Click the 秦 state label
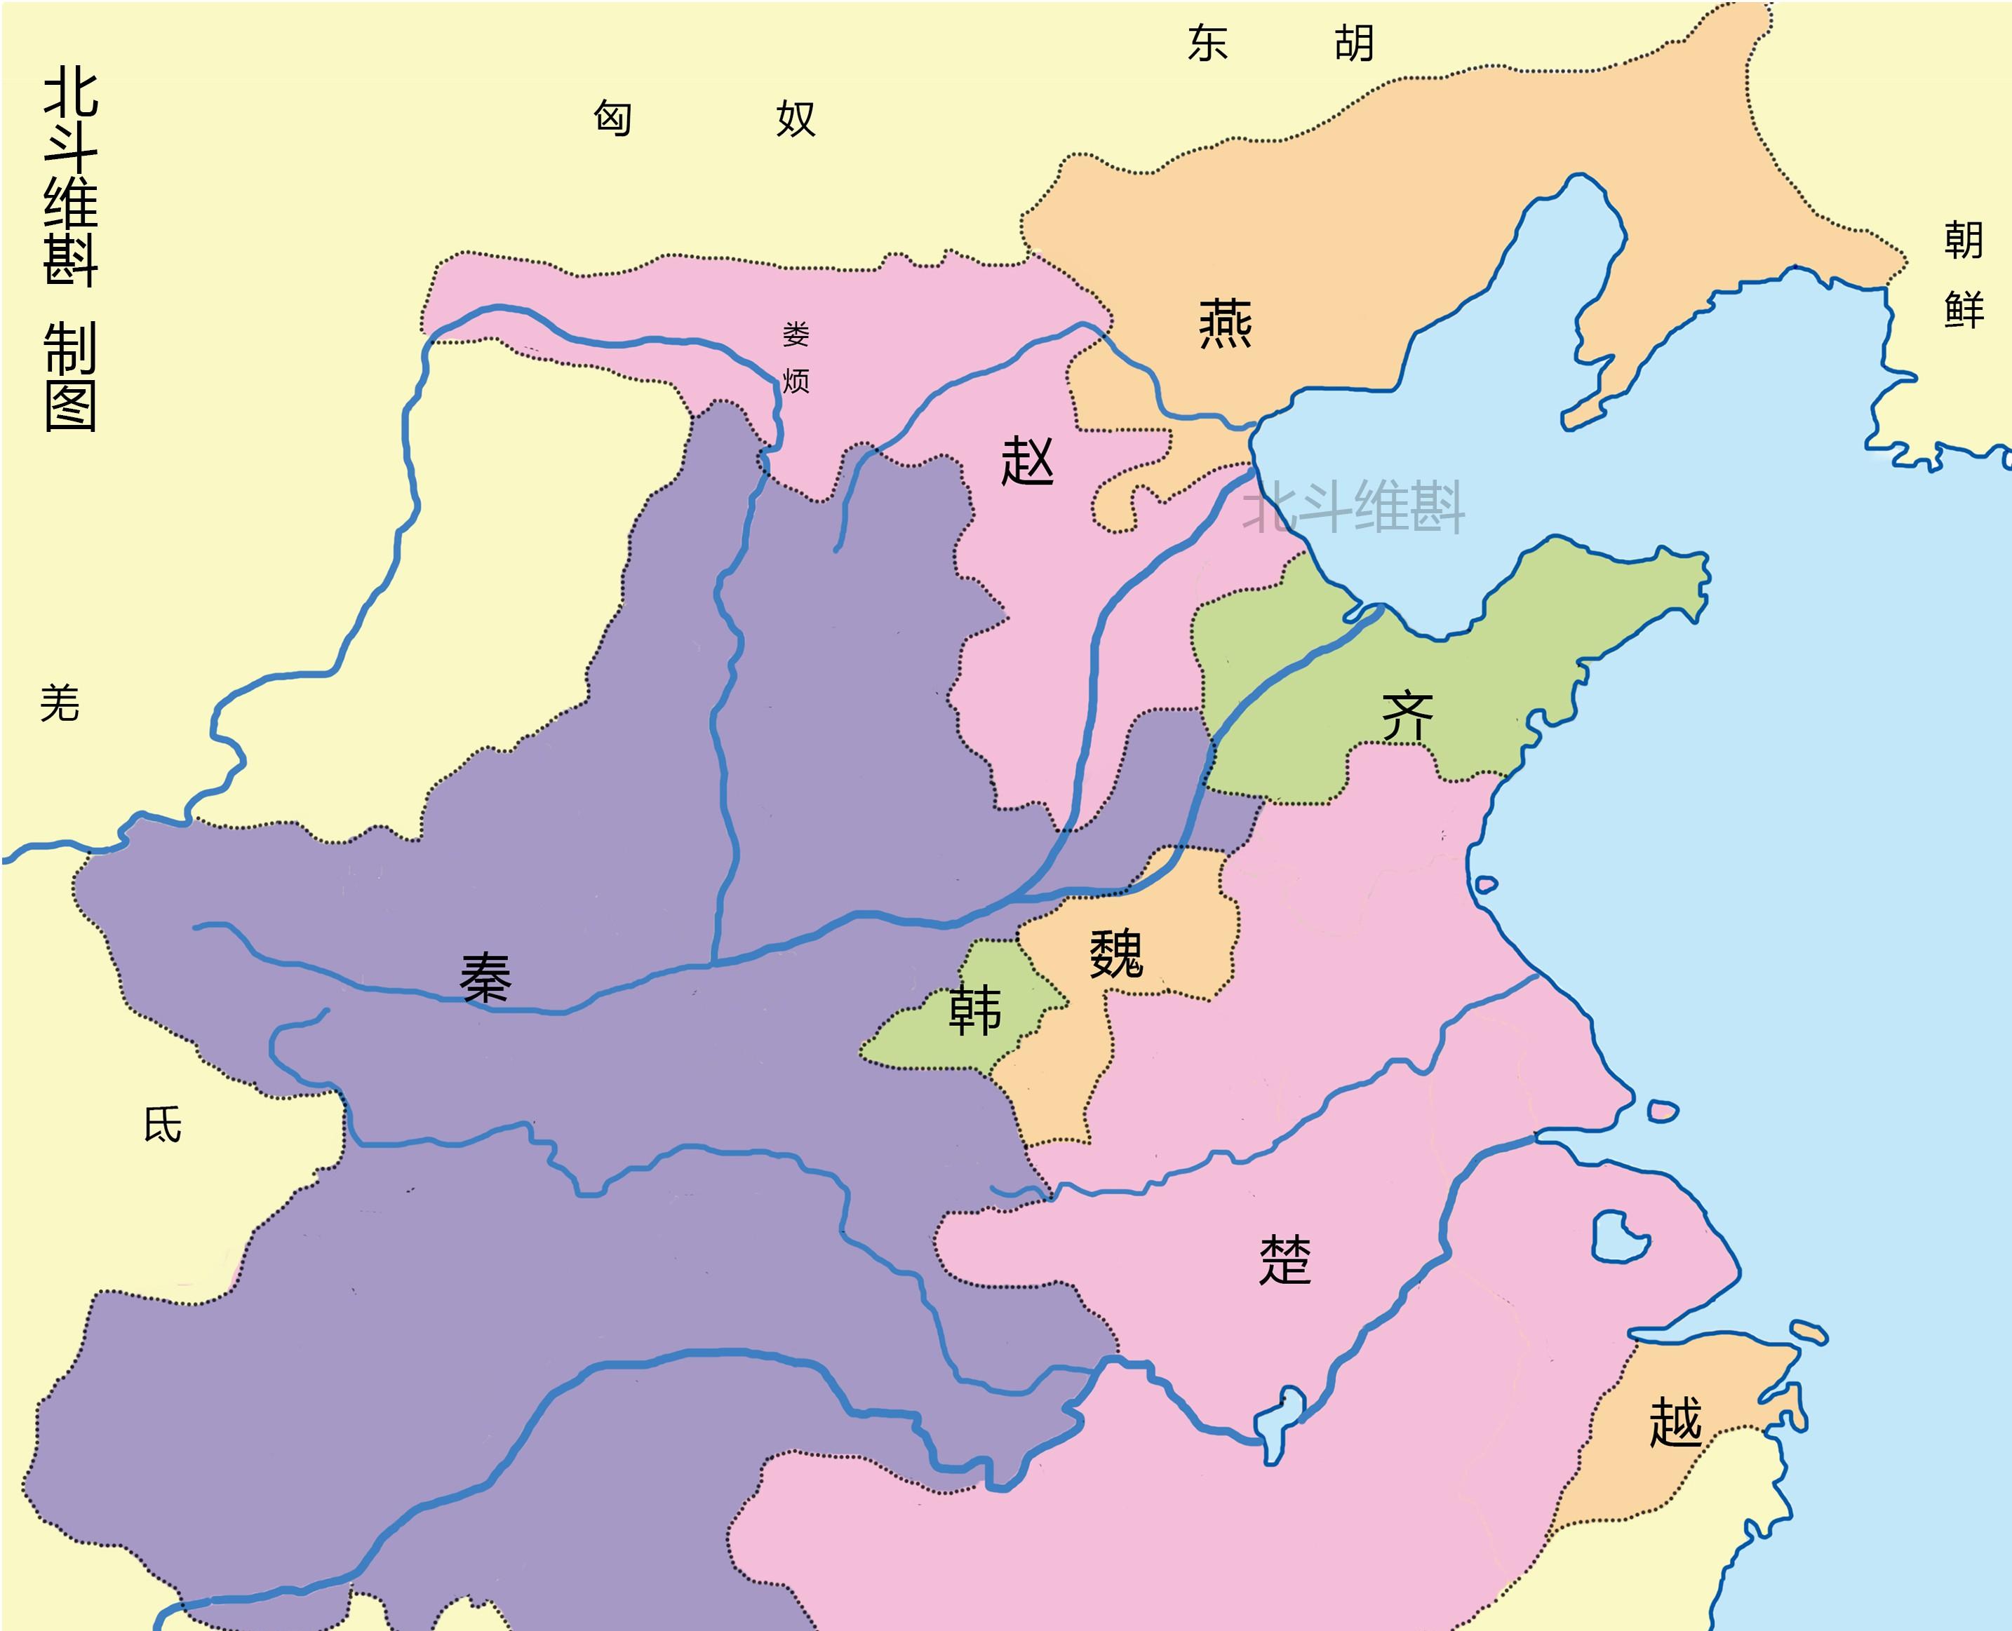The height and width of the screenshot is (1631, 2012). pos(485,978)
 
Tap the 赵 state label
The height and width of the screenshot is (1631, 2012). pos(1027,461)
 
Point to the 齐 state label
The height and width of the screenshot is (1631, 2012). pos(1407,717)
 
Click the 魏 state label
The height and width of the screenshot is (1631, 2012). pos(1115,954)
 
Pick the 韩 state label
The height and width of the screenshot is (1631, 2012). pos(974,1011)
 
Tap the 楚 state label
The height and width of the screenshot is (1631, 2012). pos(1285,1260)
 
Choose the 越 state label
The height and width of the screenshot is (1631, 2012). pos(1675,1421)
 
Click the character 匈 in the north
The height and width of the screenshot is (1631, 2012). pos(612,119)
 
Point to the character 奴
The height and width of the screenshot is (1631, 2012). pos(795,119)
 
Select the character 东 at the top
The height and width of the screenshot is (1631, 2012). pos(1207,43)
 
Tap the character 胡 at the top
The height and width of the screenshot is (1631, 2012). pos(1354,43)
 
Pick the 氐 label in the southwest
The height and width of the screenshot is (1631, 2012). pos(163,1125)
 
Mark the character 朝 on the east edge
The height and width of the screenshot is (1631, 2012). pos(1963,241)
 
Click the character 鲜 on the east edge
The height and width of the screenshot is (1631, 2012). pos(1963,310)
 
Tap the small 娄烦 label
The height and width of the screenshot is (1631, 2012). pos(795,358)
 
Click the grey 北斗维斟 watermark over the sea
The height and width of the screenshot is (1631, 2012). pos(1353,508)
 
